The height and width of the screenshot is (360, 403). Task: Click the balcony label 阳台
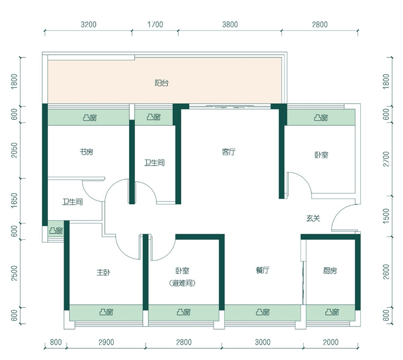(162, 83)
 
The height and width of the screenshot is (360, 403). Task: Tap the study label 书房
(86, 152)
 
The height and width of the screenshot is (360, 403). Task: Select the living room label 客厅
(229, 152)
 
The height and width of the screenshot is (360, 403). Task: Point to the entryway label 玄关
(313, 219)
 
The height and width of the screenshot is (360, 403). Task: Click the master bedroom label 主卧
(104, 272)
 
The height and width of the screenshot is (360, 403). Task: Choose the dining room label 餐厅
(262, 270)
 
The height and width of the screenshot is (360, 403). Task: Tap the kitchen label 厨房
(330, 270)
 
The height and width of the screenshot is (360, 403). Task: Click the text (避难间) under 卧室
(182, 283)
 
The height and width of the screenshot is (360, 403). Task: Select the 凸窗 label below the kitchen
(332, 312)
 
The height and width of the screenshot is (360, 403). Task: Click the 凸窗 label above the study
(90, 118)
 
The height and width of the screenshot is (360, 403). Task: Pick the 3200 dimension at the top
(89, 24)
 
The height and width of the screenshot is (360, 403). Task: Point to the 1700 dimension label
(155, 24)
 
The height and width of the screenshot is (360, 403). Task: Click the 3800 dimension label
(230, 24)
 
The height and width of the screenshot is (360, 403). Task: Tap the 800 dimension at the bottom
(56, 342)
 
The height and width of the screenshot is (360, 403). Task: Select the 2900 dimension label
(106, 342)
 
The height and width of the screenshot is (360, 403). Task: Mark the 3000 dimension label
(262, 342)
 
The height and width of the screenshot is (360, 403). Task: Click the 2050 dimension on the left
(15, 151)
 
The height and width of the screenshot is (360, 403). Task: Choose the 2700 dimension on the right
(386, 159)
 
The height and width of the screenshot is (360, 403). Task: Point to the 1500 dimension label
(386, 216)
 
